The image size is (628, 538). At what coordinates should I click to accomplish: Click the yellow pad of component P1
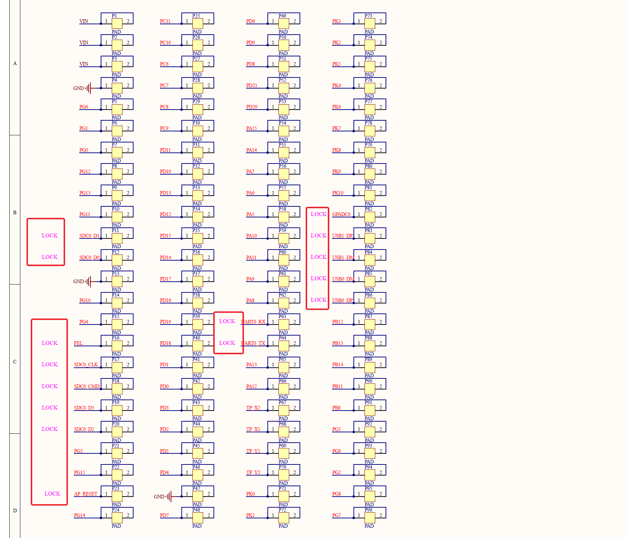pyautogui.click(x=117, y=24)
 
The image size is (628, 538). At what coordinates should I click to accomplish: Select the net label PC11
pyautogui.click(x=165, y=21)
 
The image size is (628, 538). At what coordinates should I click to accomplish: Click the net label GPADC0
pyautogui.click(x=341, y=214)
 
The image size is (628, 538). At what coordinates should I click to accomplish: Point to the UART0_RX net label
pyautogui.click(x=253, y=322)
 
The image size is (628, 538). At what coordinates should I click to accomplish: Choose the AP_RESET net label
pyautogui.click(x=86, y=494)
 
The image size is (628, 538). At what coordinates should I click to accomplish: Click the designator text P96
pyautogui.click(x=368, y=510)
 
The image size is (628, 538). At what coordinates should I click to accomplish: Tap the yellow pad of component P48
pyautogui.click(x=198, y=518)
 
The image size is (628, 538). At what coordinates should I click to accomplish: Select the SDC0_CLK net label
pyautogui.click(x=86, y=364)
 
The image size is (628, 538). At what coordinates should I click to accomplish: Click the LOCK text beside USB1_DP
pyautogui.click(x=318, y=236)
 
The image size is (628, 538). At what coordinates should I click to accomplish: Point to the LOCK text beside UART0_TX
pyautogui.click(x=227, y=343)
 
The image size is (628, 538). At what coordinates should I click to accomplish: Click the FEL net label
pyautogui.click(x=78, y=343)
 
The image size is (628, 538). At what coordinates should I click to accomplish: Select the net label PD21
pyautogui.click(x=252, y=85)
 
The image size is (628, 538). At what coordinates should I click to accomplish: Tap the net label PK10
pyautogui.click(x=338, y=193)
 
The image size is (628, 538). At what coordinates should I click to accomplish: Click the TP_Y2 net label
pyautogui.click(x=253, y=472)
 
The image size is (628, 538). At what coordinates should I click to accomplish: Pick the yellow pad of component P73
pyautogui.click(x=370, y=24)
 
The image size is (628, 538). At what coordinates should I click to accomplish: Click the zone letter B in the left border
pyautogui.click(x=15, y=212)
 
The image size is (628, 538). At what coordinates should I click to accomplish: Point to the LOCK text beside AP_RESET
pyautogui.click(x=52, y=494)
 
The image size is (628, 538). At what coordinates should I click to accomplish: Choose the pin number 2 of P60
pyautogui.click(x=295, y=257)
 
